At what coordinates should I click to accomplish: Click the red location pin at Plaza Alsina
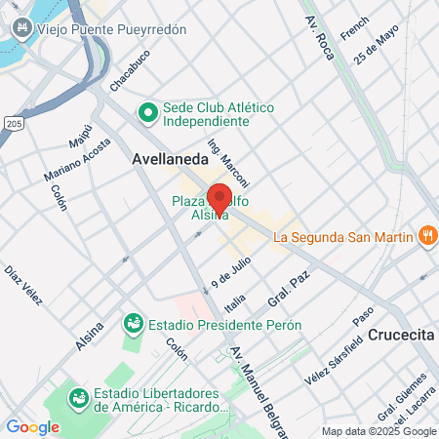coord(219,198)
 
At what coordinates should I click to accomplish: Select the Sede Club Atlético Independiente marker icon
coord(148,113)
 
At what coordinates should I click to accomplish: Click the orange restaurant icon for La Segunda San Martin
coord(426,235)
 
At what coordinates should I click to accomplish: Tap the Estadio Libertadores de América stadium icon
coord(78,398)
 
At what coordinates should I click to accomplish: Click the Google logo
coord(32,427)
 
